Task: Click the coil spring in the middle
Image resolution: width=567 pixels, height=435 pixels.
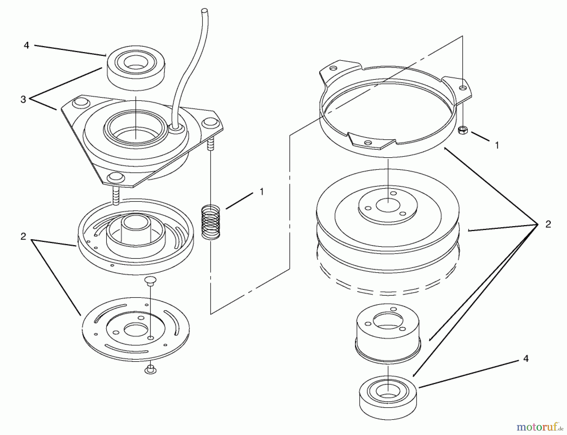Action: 211,221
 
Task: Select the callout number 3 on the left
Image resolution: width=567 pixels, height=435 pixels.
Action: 23,100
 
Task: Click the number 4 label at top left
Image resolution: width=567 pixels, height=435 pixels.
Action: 26,46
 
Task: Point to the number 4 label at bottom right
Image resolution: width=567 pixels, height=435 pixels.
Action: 525,359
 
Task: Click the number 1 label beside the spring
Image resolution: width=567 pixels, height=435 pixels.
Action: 261,192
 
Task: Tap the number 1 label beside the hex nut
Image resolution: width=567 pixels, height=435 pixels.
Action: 497,145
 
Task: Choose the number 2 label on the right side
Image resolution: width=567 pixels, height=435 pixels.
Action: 548,224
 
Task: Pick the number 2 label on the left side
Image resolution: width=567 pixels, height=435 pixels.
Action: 23,236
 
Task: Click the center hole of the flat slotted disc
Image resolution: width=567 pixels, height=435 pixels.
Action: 135,330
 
